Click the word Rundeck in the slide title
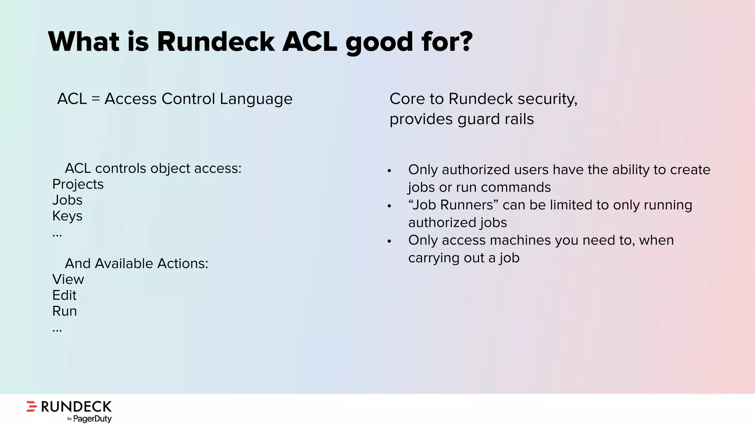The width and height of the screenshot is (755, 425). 216,42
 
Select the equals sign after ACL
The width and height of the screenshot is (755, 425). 96,99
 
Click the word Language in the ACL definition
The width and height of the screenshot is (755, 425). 256,99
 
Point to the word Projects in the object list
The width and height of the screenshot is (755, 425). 78,184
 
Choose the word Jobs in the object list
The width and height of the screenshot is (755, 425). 67,200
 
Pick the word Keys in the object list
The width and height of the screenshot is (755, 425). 67,216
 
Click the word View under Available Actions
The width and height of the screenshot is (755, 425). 68,279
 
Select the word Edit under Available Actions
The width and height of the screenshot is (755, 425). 64,295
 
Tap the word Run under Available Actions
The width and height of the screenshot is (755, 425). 65,311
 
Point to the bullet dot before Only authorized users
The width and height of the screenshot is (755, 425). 389,171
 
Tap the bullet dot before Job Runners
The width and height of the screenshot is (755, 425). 389,206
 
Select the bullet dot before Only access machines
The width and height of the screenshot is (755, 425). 389,242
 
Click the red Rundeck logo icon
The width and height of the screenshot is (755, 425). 32,406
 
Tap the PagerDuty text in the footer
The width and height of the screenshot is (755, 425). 92,419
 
